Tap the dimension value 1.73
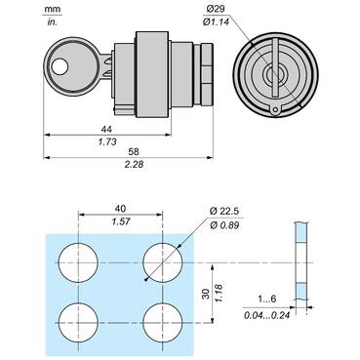(x=102, y=142)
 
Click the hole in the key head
(x=61, y=67)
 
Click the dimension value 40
(x=121, y=207)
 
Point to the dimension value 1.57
(x=121, y=221)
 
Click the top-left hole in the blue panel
(x=78, y=260)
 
